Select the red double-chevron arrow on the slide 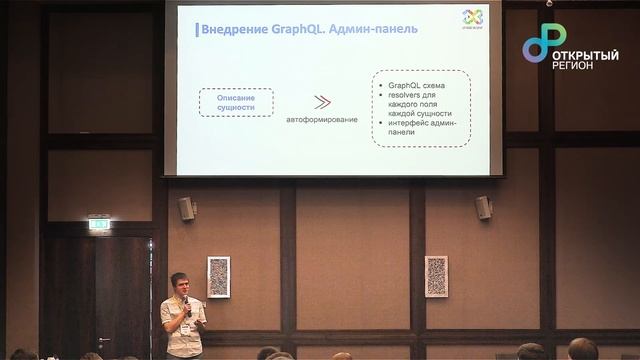[322, 101]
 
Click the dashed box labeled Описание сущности [236, 102]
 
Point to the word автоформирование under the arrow [322, 120]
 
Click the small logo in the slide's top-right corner [473, 17]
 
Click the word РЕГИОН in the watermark [572, 65]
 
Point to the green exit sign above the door [99, 224]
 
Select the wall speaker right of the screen [484, 207]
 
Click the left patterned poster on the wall [218, 276]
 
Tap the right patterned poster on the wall [436, 276]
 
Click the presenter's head [180, 284]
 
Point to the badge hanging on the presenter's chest [185, 328]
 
